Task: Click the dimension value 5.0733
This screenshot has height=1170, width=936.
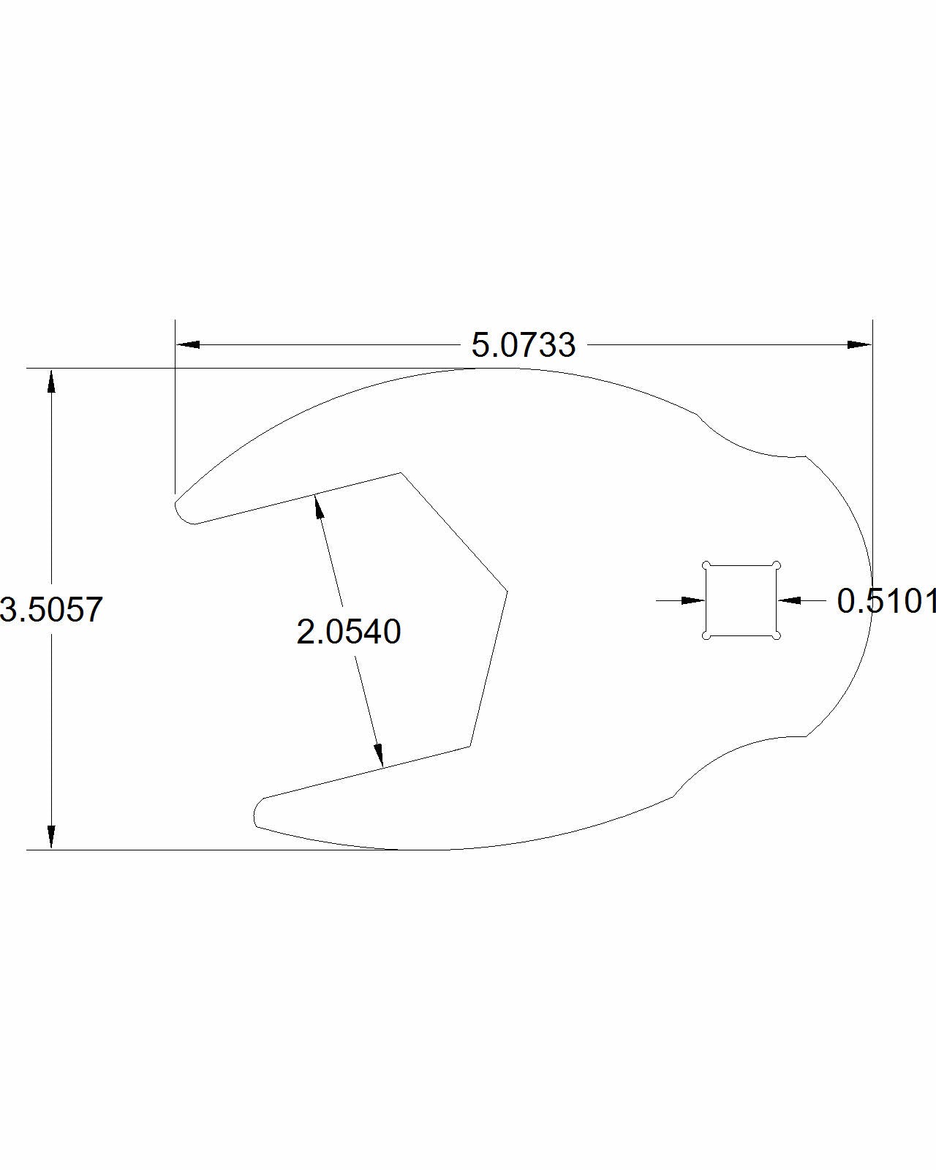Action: (523, 345)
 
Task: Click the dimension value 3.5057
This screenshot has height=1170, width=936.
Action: (51, 609)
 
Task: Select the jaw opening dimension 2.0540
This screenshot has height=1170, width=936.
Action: (349, 632)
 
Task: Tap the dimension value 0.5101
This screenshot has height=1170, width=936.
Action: (886, 601)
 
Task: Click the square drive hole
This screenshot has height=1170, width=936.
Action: (741, 600)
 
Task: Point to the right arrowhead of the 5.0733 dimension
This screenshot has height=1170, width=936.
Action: (859, 344)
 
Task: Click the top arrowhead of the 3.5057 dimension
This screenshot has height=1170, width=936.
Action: (51, 382)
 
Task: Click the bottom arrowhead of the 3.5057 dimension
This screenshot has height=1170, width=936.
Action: (51, 837)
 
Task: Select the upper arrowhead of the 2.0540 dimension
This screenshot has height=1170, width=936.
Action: (318, 506)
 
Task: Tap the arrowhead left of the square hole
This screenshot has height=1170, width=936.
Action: (692, 600)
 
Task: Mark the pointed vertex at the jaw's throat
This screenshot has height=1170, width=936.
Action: (507, 589)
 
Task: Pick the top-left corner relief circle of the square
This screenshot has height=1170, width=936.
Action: (706, 565)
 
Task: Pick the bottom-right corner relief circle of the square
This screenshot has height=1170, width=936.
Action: (777, 635)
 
